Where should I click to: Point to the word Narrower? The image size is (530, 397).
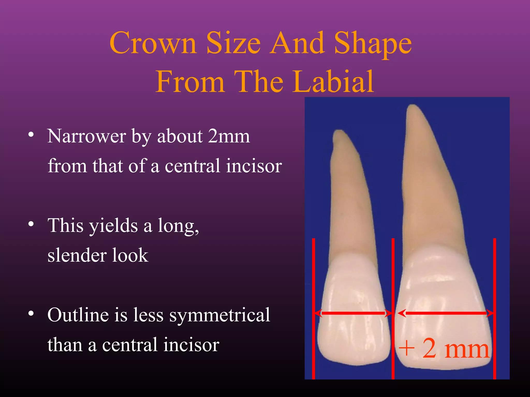87,136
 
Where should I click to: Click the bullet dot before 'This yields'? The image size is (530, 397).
31,224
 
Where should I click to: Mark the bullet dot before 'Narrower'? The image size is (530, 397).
31,134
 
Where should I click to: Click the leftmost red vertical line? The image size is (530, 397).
313,284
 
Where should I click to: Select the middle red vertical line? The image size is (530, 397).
393,284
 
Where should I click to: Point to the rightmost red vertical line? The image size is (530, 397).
495,284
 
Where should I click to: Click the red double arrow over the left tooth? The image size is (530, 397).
353,313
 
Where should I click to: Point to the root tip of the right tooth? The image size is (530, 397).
413,106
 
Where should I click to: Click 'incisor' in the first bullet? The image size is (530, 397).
254,166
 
